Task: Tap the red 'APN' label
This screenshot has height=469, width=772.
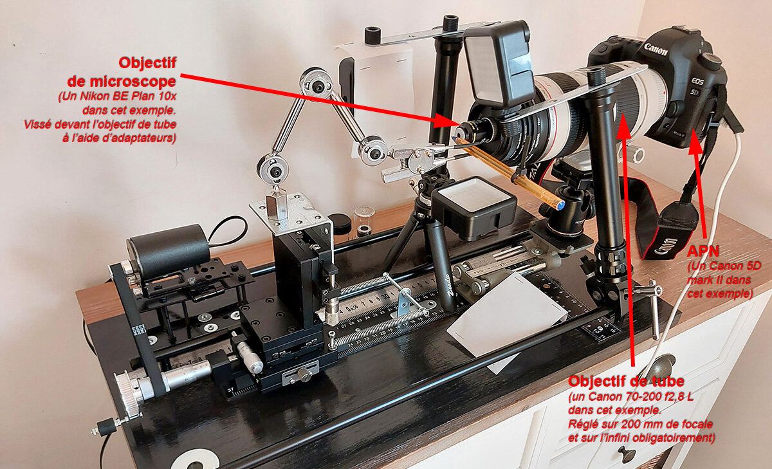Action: (x=703, y=251)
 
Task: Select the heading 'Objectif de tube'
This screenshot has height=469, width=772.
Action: (x=626, y=381)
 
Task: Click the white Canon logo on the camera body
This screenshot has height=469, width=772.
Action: (x=655, y=49)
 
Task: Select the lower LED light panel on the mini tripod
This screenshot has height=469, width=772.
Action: (x=474, y=207)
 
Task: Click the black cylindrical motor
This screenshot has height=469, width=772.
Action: (x=169, y=251)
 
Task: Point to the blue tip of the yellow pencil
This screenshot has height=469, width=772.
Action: (x=561, y=206)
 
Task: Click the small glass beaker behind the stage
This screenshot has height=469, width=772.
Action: (x=363, y=221)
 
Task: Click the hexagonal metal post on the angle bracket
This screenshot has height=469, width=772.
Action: (x=277, y=207)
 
